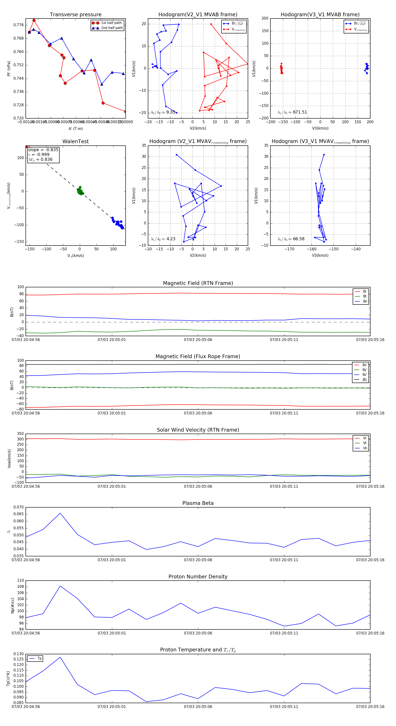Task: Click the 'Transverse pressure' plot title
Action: click(x=75, y=15)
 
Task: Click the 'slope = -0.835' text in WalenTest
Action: click(x=43, y=150)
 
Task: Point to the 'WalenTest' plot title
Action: click(x=75, y=141)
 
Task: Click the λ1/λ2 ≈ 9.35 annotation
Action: click(x=163, y=112)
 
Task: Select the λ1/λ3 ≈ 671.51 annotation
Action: click(x=292, y=112)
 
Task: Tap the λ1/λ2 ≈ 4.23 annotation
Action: click(x=163, y=239)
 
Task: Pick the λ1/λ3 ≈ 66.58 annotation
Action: click(x=291, y=239)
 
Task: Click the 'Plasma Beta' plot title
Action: click(x=198, y=503)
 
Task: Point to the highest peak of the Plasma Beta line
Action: click(x=60, y=513)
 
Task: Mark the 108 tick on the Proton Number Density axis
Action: click(x=21, y=587)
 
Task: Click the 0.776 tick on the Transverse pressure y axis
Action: click(x=19, y=25)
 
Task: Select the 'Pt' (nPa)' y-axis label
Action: click(x=9, y=68)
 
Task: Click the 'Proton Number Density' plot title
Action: click(x=198, y=577)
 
